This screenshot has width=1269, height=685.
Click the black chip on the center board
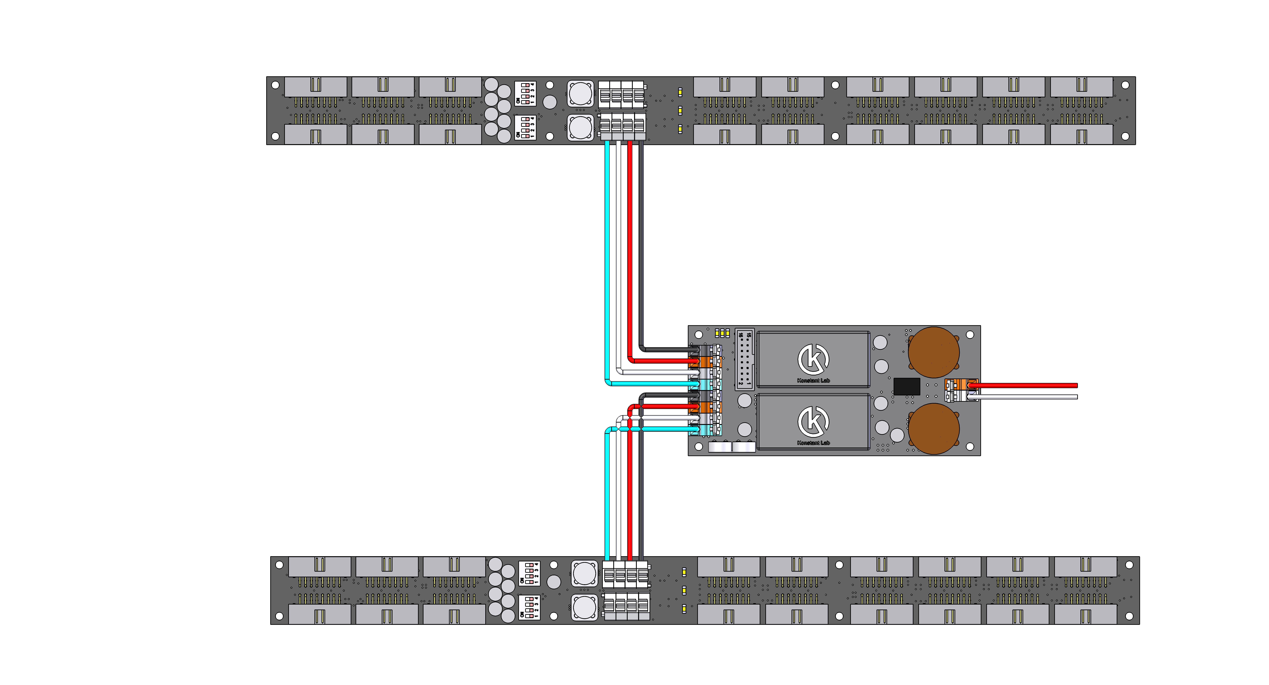point(906,386)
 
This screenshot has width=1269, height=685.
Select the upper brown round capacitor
point(933,352)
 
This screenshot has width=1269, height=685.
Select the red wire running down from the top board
point(630,246)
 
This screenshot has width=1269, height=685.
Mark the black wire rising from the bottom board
point(641,492)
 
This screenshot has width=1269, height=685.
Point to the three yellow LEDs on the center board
point(722,333)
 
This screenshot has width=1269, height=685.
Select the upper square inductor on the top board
point(580,93)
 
